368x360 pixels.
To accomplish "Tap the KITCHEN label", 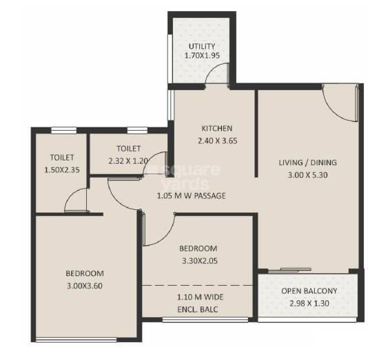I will tap(216, 128).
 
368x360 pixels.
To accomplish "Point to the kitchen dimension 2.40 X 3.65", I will tap(216, 138).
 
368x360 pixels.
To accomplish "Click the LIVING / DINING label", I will tap(307, 162).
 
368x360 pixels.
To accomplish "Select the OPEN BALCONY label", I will tap(309, 290).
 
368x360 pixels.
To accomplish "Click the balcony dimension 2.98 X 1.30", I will tap(309, 301).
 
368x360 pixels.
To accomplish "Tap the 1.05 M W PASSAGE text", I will tap(192, 195).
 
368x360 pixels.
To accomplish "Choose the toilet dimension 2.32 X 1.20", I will tap(128, 160).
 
